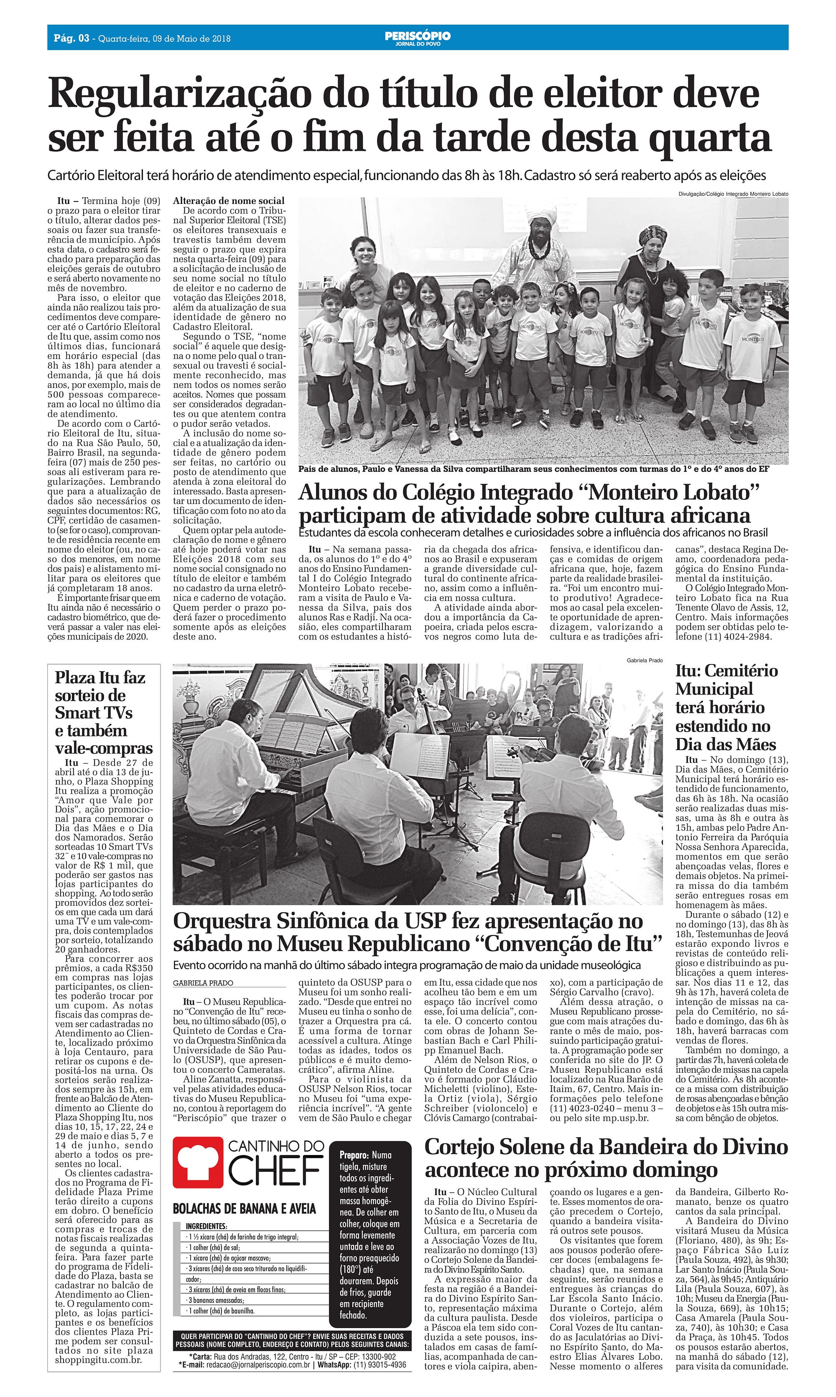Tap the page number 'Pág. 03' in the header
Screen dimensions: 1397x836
(71, 38)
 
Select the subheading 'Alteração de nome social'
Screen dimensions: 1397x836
(229, 201)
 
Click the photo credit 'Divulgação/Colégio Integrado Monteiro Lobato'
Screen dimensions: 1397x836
(734, 194)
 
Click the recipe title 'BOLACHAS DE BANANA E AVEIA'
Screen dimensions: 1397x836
(245, 1209)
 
